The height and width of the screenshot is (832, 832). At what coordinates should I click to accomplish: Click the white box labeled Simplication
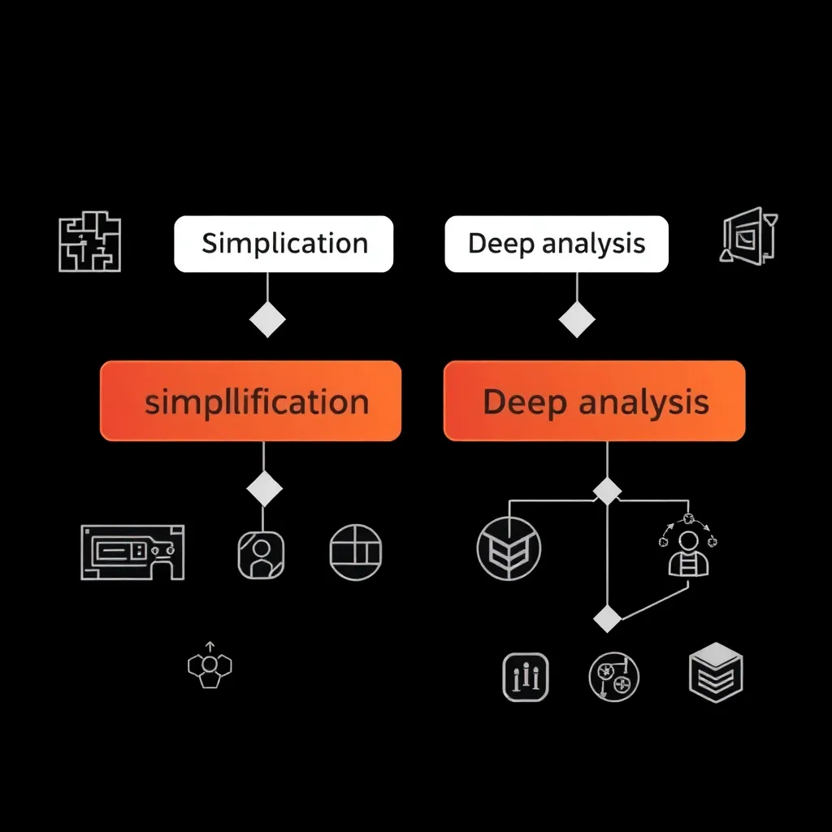click(x=284, y=244)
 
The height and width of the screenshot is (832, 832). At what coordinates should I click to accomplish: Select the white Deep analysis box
click(x=557, y=244)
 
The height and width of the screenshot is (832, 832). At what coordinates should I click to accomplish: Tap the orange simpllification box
click(x=250, y=401)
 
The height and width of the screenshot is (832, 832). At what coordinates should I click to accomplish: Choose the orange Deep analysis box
click(x=594, y=401)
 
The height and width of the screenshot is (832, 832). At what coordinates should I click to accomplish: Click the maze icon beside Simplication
click(x=89, y=241)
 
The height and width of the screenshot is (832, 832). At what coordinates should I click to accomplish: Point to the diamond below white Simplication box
click(x=267, y=319)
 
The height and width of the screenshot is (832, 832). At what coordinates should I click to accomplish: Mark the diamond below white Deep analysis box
click(x=577, y=319)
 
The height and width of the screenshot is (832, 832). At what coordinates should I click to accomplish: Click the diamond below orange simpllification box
click(x=264, y=489)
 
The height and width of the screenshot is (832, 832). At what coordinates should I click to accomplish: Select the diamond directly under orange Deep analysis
click(x=607, y=491)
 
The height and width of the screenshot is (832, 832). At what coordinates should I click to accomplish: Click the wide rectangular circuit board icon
click(x=132, y=552)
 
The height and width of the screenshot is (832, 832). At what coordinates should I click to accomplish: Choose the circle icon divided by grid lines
click(x=356, y=552)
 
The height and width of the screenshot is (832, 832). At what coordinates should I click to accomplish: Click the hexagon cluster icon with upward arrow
click(x=210, y=666)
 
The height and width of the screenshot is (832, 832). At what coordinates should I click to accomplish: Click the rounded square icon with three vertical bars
click(x=526, y=676)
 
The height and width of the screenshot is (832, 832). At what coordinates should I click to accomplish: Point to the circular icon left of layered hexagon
click(x=613, y=676)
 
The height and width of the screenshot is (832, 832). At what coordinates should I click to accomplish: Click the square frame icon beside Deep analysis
click(x=749, y=235)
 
